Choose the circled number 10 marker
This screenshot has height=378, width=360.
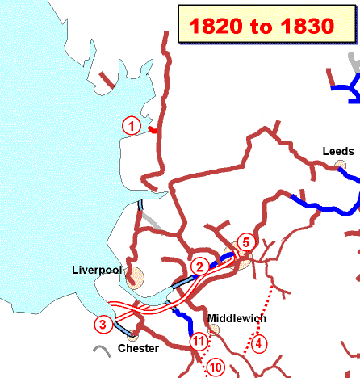[x=215, y=367]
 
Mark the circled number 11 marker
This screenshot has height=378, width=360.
[x=199, y=342]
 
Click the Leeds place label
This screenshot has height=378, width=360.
[x=338, y=151]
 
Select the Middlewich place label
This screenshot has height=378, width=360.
[x=237, y=318]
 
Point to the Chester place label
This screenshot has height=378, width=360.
[x=138, y=348]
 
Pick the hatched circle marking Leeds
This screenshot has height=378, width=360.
[x=341, y=166]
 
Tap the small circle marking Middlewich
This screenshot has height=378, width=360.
[x=214, y=330]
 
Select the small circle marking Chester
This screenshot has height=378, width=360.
[x=132, y=334]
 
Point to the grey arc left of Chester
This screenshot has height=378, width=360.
[x=102, y=351]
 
